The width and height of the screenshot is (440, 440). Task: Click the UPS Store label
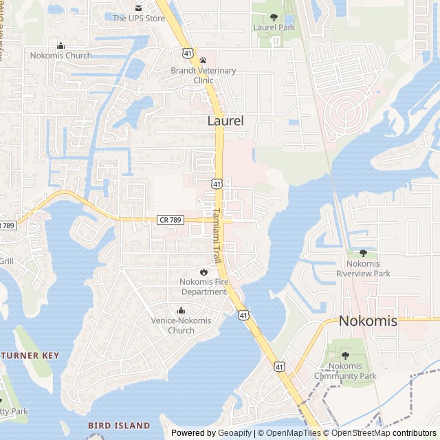(139, 18)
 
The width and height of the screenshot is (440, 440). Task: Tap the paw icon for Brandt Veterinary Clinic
(203, 60)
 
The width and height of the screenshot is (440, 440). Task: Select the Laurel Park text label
(274, 27)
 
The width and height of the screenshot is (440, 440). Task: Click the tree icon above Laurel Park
(274, 17)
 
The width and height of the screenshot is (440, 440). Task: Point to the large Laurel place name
(225, 121)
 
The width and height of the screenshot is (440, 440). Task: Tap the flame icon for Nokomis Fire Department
(203, 272)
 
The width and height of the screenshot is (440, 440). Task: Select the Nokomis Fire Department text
(203, 287)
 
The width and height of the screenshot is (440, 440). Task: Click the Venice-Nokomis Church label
(181, 325)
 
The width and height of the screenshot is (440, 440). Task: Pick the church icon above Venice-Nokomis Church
(181, 311)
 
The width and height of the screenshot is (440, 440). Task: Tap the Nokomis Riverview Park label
(363, 269)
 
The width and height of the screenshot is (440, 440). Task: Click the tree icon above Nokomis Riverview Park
(363, 254)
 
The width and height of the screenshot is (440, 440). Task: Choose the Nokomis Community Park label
(345, 371)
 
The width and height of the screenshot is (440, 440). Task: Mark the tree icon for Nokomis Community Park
(345, 355)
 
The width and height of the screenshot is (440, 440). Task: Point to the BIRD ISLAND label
(119, 426)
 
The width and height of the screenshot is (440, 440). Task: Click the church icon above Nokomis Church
(60, 45)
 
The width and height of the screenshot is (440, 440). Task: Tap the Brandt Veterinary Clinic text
(203, 75)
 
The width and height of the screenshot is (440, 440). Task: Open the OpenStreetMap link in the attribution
(357, 433)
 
